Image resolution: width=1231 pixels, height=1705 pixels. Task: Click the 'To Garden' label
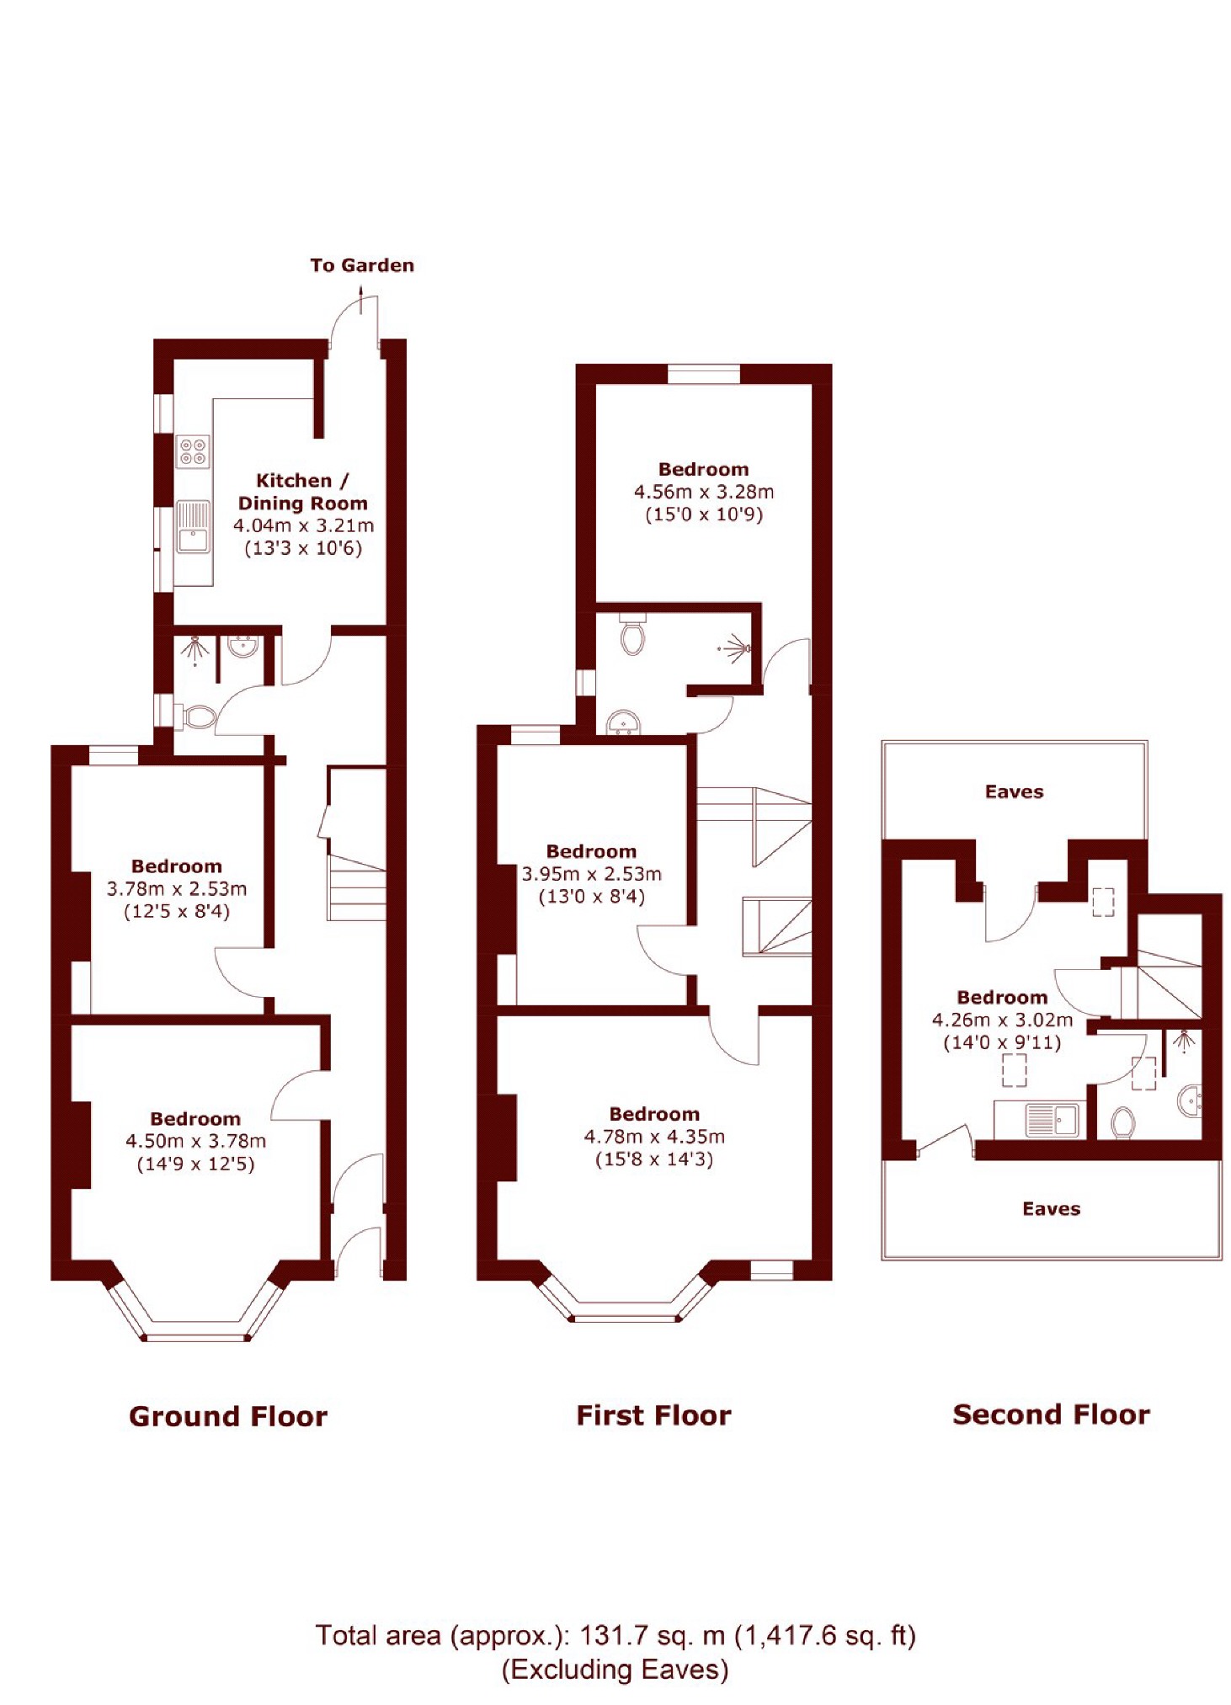click(x=362, y=265)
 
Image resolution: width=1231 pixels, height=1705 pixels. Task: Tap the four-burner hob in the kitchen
click(x=193, y=451)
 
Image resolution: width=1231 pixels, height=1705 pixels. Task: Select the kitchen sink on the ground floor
click(x=193, y=526)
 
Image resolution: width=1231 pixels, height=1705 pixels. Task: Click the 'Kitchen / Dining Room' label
click(x=303, y=492)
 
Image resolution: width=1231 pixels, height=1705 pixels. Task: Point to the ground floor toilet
click(x=199, y=717)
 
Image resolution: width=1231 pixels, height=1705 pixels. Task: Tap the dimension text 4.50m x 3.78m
click(x=195, y=1141)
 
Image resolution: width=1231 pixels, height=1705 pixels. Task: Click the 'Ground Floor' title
click(x=228, y=1415)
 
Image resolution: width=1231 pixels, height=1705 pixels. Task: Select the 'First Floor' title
click(x=653, y=1415)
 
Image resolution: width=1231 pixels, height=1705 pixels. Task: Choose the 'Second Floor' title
click(x=1051, y=1414)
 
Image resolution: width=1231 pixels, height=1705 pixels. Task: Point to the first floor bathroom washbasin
click(x=624, y=722)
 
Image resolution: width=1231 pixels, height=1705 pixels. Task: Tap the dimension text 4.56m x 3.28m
click(x=704, y=492)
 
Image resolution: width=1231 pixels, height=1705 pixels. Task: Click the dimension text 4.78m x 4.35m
click(x=654, y=1137)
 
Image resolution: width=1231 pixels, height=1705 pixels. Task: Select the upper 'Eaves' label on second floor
click(x=1014, y=791)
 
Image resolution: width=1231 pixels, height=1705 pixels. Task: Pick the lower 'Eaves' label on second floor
click(x=1051, y=1208)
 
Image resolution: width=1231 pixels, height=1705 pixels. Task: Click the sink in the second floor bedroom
click(x=1051, y=1119)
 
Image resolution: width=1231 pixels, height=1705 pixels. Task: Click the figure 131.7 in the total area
click(x=614, y=1635)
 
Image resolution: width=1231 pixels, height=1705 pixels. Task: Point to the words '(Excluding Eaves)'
click(x=615, y=1670)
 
